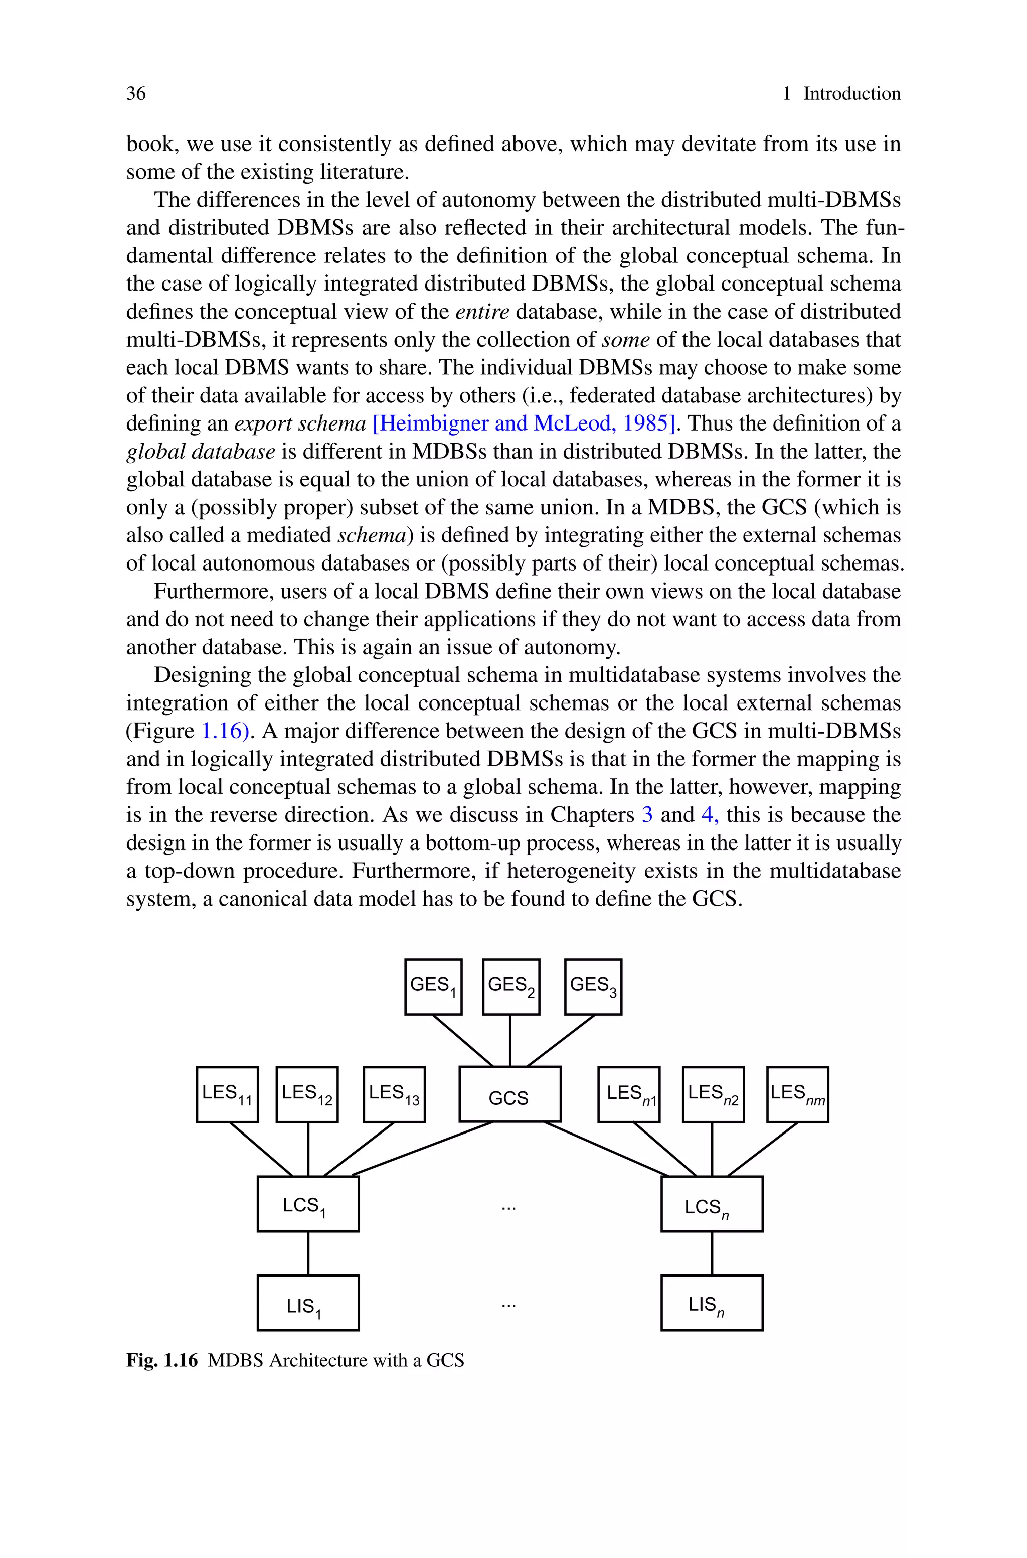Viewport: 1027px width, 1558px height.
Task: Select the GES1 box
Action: (433, 986)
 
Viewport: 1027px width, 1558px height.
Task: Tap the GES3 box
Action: (593, 986)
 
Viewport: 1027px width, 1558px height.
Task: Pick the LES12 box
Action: (307, 1094)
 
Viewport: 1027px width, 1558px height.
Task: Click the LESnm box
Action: (797, 1094)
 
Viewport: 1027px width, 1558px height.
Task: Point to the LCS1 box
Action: (308, 1204)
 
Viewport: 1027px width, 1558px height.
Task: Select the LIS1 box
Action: (308, 1303)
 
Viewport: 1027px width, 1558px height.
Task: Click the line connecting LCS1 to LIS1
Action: (308, 1253)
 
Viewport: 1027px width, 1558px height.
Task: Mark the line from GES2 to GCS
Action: (510, 1040)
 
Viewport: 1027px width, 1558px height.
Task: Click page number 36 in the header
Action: (136, 94)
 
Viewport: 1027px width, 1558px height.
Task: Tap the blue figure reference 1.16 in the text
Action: (225, 731)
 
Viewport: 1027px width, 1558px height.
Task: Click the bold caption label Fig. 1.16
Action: (162, 1360)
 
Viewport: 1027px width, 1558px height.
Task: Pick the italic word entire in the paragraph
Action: (482, 311)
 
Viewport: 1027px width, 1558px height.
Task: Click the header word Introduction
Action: (851, 94)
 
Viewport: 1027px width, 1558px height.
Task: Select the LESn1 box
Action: (629, 1094)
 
